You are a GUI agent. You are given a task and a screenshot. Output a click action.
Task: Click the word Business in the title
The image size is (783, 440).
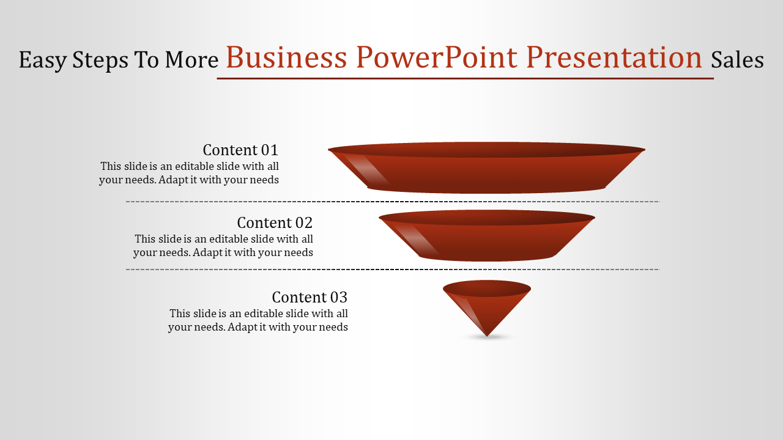pos(286,57)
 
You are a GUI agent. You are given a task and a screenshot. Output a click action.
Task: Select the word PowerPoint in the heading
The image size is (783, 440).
pos(437,57)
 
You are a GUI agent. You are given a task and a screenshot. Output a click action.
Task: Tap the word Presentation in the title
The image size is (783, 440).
pos(614,57)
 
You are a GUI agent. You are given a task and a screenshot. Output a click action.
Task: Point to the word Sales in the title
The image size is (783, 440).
pos(737,60)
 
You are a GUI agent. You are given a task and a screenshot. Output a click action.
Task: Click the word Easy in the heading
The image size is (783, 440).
pos(43,60)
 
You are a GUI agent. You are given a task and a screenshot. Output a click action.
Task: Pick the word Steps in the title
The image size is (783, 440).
pos(100,60)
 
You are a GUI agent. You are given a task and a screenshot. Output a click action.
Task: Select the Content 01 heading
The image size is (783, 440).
pos(240,150)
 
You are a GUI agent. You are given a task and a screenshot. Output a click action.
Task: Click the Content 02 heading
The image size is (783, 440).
pos(275,223)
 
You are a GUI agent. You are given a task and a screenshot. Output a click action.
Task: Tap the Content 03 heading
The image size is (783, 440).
pos(310,298)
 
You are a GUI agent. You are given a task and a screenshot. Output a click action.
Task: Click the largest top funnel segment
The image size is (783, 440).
pos(486,167)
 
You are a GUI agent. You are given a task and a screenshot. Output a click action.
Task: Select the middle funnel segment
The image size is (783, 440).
pos(486,236)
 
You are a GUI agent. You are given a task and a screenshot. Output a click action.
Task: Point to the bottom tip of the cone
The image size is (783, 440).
pos(487,337)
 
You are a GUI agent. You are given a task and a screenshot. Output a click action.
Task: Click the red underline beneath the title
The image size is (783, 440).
pos(466,79)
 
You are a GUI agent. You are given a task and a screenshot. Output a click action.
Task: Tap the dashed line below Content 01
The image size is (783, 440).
pos(393,202)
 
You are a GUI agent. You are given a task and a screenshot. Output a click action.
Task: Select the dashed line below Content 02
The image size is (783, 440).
pos(393,269)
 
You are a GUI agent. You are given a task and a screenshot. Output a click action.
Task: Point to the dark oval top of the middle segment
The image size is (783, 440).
pos(487,218)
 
